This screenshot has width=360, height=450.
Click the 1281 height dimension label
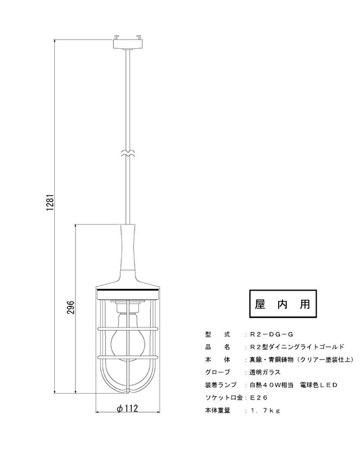50,203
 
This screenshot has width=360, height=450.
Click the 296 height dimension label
71,307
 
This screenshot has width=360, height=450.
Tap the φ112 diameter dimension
127,408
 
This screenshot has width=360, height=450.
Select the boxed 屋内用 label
283,304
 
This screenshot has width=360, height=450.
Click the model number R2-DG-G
271,335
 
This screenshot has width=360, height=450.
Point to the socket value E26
259,397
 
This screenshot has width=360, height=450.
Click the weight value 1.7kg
265,410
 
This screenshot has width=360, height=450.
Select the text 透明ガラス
265,372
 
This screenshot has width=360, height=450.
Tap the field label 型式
217,335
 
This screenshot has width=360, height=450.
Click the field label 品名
217,347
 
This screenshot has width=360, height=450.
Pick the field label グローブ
217,372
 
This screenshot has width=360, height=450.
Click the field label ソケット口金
224,397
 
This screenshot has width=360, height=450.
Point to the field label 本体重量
217,410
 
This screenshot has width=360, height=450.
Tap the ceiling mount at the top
127,42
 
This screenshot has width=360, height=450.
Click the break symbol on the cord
127,154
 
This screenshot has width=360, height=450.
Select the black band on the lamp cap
127,291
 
